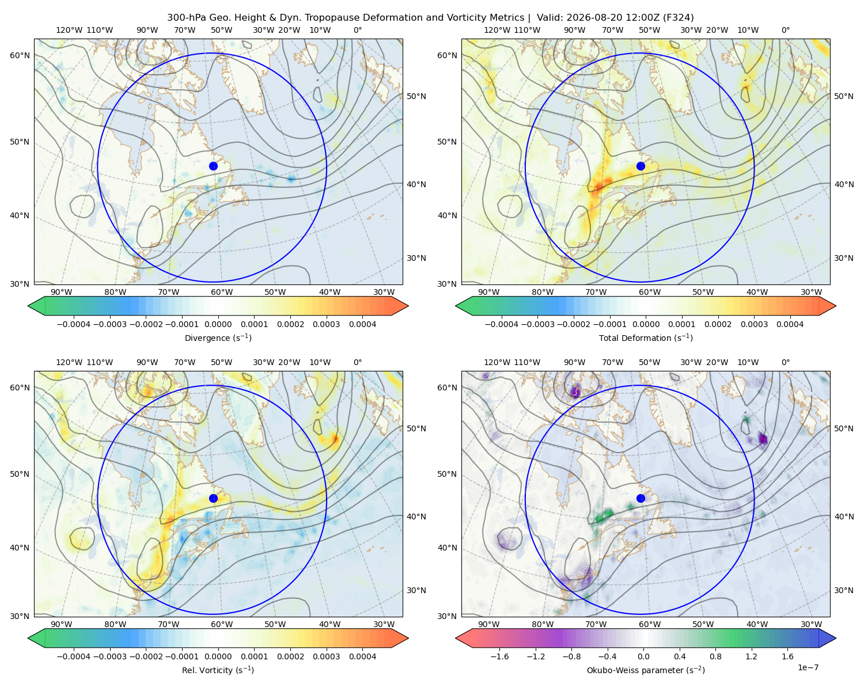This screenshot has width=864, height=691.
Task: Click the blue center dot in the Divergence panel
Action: (x=213, y=166)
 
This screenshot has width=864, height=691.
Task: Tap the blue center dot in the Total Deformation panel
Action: (x=641, y=166)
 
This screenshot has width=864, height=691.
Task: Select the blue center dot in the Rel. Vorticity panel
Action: (x=213, y=498)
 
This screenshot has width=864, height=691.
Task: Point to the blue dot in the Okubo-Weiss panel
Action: (x=641, y=498)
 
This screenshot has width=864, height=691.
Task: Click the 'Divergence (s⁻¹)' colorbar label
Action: (x=218, y=337)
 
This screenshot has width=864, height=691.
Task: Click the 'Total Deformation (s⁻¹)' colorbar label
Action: (x=646, y=337)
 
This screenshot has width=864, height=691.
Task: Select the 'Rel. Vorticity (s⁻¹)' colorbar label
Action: (x=218, y=670)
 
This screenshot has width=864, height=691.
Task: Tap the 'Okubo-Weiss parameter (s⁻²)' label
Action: (x=646, y=670)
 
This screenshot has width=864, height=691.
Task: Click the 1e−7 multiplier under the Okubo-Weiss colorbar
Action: (x=808, y=667)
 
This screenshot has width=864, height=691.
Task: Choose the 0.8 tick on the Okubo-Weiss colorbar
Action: (x=715, y=656)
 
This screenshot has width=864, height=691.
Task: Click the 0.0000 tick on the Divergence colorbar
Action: (x=218, y=324)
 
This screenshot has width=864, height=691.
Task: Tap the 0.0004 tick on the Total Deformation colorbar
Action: (x=790, y=324)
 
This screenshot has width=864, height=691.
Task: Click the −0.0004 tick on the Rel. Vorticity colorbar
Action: (x=74, y=656)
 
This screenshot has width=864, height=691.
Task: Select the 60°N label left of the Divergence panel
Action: (x=20, y=55)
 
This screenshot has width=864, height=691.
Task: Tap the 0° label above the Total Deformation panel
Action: (x=785, y=30)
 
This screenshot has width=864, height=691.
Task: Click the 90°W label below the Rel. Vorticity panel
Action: (x=62, y=624)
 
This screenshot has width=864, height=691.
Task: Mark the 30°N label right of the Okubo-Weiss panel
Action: (x=843, y=590)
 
